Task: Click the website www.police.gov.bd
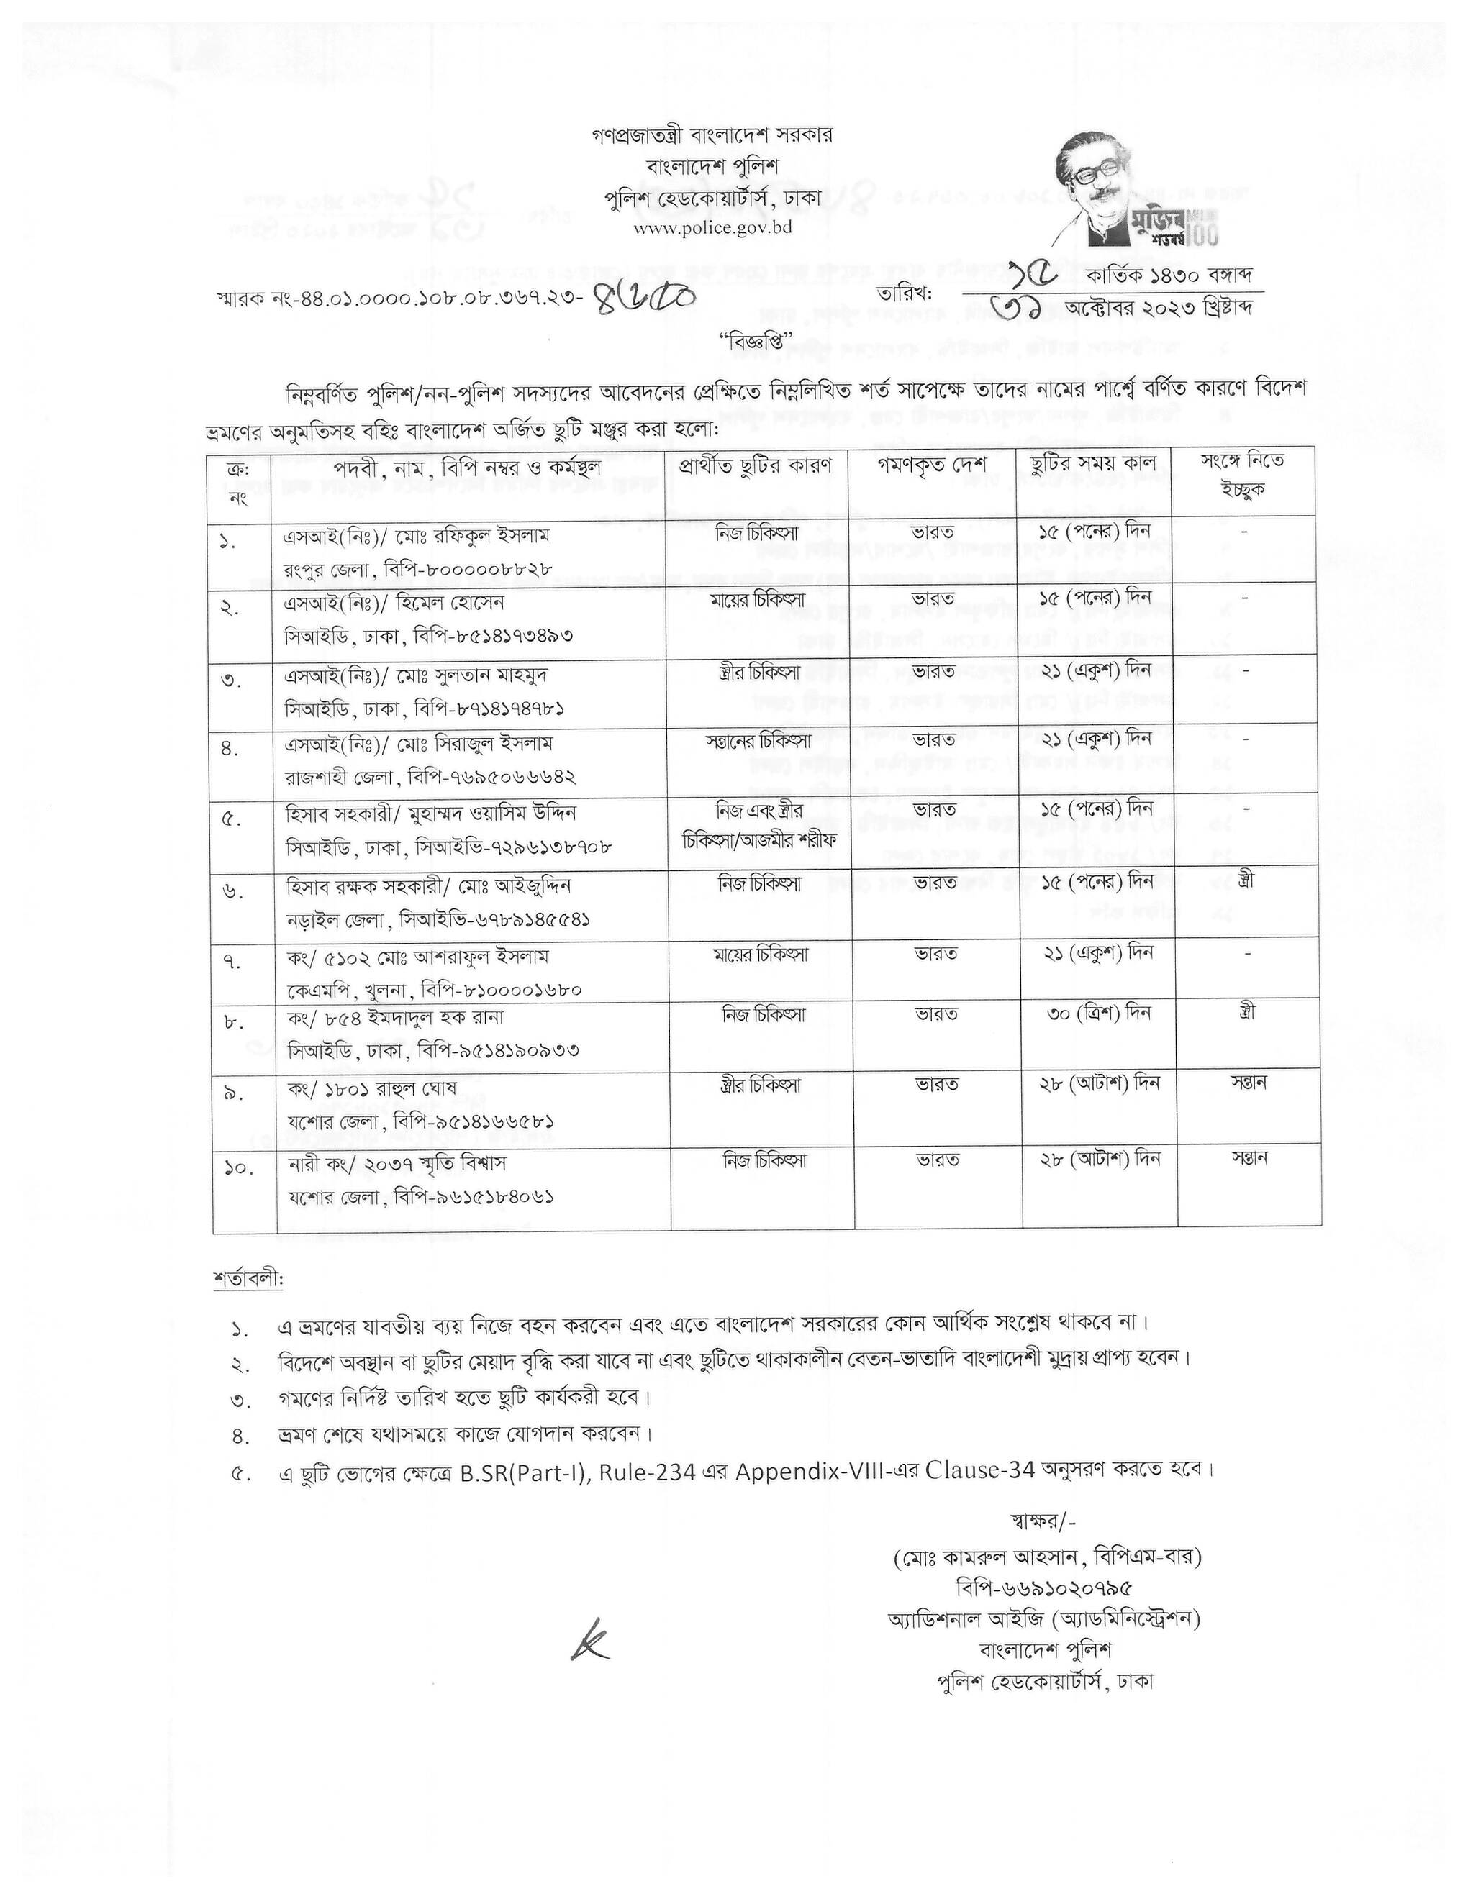[x=713, y=228]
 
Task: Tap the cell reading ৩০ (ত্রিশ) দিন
[x=1100, y=1013]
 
